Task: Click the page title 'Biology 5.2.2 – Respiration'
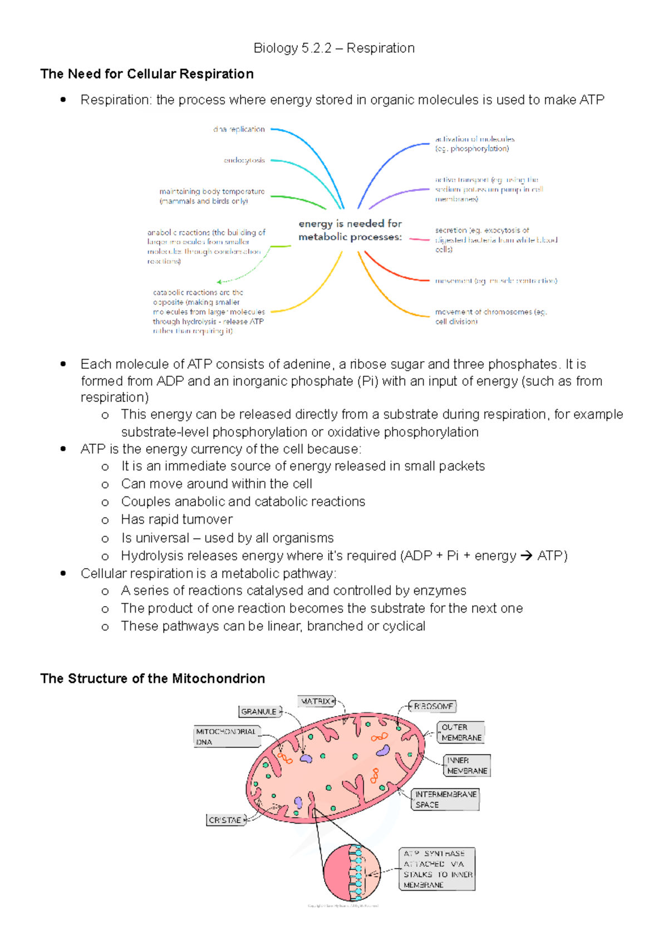pos(334,48)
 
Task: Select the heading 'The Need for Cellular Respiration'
pos(147,74)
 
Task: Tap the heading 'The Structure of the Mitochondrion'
pos(153,678)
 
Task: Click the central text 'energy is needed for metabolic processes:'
pos(350,230)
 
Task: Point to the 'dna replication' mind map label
pos(239,129)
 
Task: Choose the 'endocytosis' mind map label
pos(244,160)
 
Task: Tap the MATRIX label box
pos(316,702)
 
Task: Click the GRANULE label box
pos(259,712)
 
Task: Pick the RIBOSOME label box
pos(433,707)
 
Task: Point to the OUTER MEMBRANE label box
pos(461,732)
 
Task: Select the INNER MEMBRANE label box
pos(467,766)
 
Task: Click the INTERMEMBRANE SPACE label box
pos(445,800)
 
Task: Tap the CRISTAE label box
pos(225,820)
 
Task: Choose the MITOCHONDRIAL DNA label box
pos(226,737)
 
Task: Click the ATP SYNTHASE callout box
pos(438,869)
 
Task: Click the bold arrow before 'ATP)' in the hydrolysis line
pos(526,556)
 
